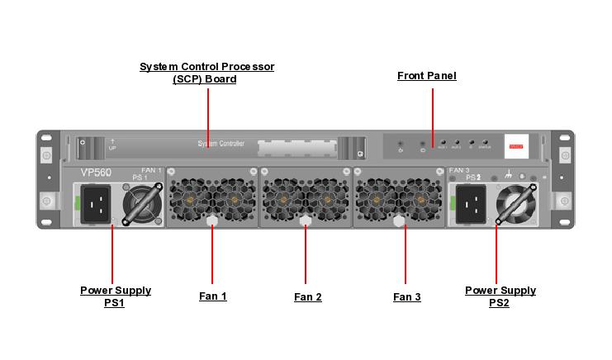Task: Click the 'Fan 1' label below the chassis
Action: click(212, 296)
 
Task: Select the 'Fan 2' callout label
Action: click(307, 296)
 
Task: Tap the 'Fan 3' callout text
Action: click(406, 296)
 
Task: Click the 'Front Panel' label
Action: click(426, 76)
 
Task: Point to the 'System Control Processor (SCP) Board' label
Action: click(206, 73)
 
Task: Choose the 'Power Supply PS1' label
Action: click(115, 296)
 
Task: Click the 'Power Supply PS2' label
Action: click(500, 296)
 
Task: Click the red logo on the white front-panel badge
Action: click(516, 145)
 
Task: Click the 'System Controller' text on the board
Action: click(221, 144)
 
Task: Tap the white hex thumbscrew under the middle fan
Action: click(306, 220)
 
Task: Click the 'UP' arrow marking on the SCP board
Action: click(112, 145)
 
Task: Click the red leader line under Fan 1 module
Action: click(212, 256)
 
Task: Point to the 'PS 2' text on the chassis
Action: click(473, 178)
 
